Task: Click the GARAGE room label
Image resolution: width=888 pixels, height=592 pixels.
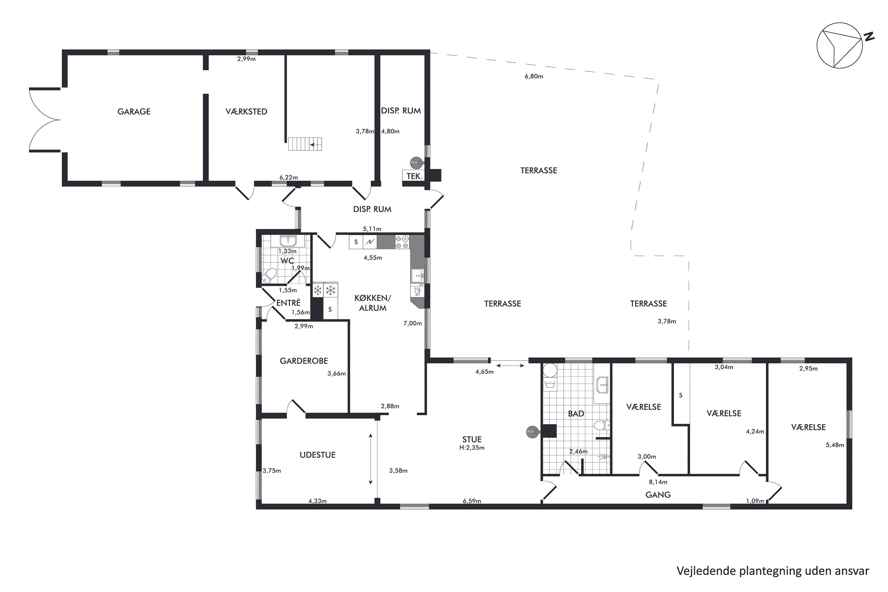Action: pos(134,111)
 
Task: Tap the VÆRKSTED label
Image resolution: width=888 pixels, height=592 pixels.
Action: pos(246,111)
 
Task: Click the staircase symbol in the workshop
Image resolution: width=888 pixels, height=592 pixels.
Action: pos(305,144)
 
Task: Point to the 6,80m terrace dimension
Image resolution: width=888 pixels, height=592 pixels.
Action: pos(533,76)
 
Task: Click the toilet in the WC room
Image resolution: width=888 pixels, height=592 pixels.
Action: pos(269,276)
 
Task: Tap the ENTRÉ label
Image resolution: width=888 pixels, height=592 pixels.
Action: pos(288,303)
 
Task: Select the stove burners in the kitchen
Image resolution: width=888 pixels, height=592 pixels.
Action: pos(402,242)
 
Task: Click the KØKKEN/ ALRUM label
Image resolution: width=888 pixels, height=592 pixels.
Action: pos(372,303)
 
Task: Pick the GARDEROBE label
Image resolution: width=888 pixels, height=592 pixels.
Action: pos(304,361)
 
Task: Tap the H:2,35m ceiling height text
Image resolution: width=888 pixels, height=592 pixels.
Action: pos(472,448)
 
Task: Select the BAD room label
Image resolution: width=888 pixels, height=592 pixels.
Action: pos(576,414)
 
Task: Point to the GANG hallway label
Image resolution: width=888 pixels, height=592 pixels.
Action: pos(658,495)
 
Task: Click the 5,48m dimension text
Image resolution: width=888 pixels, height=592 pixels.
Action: pos(834,445)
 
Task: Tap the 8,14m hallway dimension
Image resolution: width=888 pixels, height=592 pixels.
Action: pos(658,482)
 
